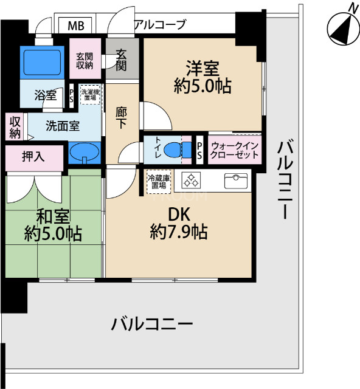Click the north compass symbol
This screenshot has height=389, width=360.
click(x=341, y=26)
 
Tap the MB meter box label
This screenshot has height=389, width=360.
click(x=77, y=26)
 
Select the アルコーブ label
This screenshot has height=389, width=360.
click(x=159, y=25)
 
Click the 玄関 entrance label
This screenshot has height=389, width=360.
click(x=122, y=58)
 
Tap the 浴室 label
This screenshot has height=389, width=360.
click(x=46, y=95)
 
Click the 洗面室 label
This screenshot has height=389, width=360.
click(x=62, y=127)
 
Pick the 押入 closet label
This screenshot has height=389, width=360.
click(x=33, y=157)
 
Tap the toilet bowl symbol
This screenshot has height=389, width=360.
click(x=176, y=148)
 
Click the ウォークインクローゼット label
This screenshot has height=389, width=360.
click(x=235, y=150)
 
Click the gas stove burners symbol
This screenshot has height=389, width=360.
click(x=192, y=181)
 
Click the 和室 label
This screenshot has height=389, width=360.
click(x=54, y=216)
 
